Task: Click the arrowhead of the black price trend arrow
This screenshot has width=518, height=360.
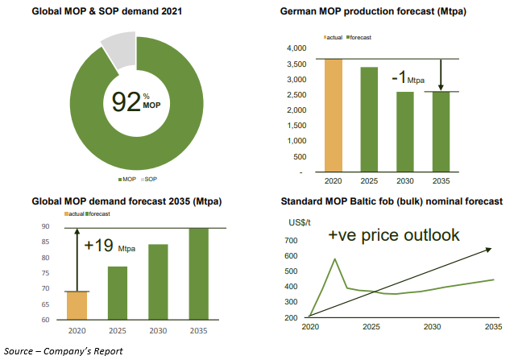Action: (x=491, y=250)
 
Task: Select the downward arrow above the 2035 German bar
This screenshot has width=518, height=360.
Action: (x=441, y=79)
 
